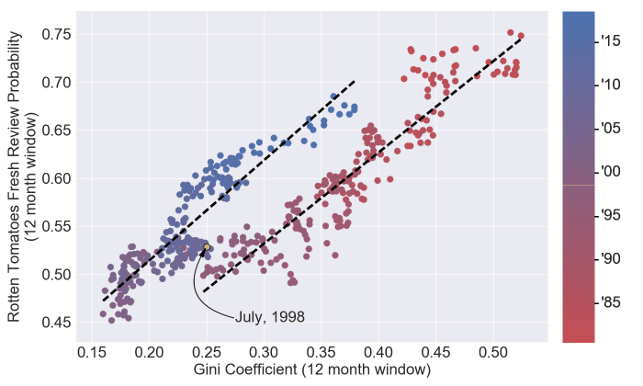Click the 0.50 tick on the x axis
[x=492, y=352]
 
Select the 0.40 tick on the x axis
[x=378, y=352]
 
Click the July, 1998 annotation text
[x=269, y=317]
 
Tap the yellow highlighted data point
[x=208, y=247]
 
